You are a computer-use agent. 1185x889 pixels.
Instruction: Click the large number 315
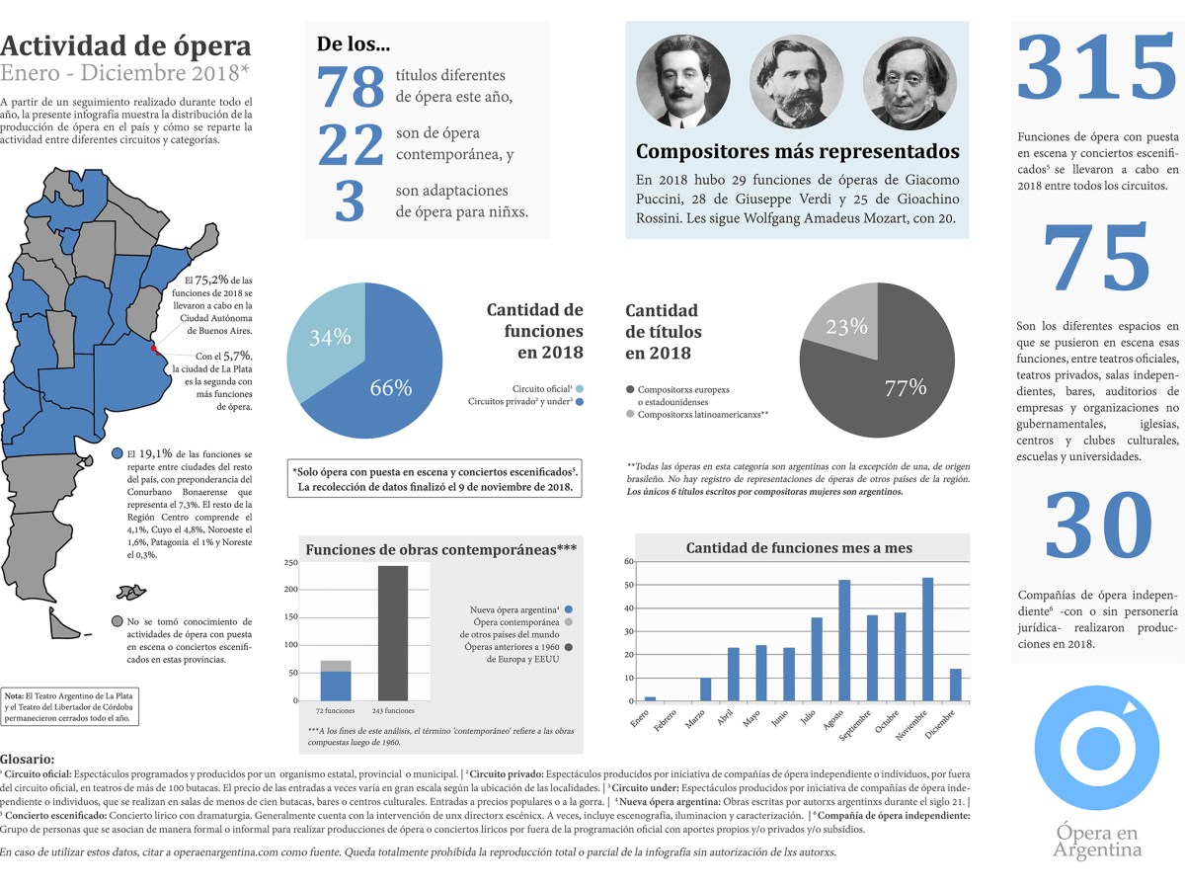click(x=1097, y=69)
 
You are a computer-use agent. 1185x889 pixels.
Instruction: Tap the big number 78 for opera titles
click(x=350, y=87)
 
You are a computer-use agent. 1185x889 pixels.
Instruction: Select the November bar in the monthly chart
click(x=927, y=639)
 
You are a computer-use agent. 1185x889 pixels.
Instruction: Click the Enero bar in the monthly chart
click(x=650, y=698)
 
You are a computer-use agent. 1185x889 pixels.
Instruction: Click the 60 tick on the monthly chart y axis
click(x=629, y=561)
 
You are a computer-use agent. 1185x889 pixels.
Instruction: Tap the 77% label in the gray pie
click(x=905, y=388)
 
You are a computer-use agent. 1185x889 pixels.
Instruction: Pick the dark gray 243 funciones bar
click(x=393, y=632)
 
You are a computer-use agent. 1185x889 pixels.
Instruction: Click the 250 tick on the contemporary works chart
click(x=291, y=563)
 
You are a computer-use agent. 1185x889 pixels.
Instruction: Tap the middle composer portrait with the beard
click(x=797, y=82)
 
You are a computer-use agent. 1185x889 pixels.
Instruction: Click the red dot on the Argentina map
click(x=153, y=348)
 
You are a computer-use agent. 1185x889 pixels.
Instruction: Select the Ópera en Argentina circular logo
click(x=1096, y=748)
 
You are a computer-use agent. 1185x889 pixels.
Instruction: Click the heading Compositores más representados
click(x=797, y=152)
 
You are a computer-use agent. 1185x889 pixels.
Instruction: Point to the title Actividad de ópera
click(x=125, y=45)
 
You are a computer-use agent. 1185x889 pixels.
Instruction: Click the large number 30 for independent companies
click(x=1098, y=528)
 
